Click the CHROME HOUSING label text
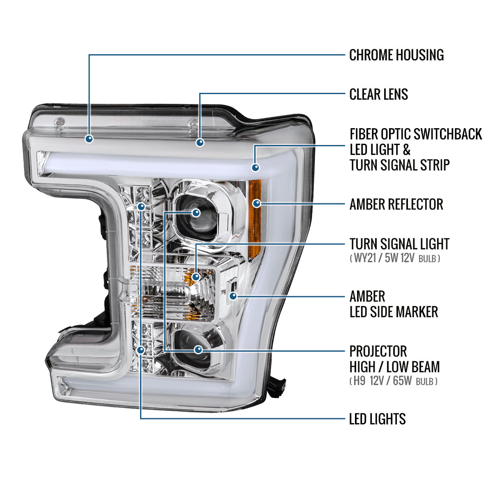coord(396,55)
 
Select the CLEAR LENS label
coord(378,94)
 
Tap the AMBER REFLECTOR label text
coord(396,204)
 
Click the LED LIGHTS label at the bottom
coord(377,419)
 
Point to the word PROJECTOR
coord(378,351)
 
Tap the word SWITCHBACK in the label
coord(448,134)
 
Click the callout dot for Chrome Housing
coord(89,139)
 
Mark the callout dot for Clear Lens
coord(200,143)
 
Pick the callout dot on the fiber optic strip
coord(256,167)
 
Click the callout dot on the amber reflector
coord(257,203)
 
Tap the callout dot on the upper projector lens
coord(196,212)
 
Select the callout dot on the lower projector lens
coord(198,350)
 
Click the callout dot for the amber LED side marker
coord(233,295)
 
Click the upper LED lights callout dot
coord(141,207)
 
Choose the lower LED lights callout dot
coord(141,350)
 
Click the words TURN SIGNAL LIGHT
coord(399,244)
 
